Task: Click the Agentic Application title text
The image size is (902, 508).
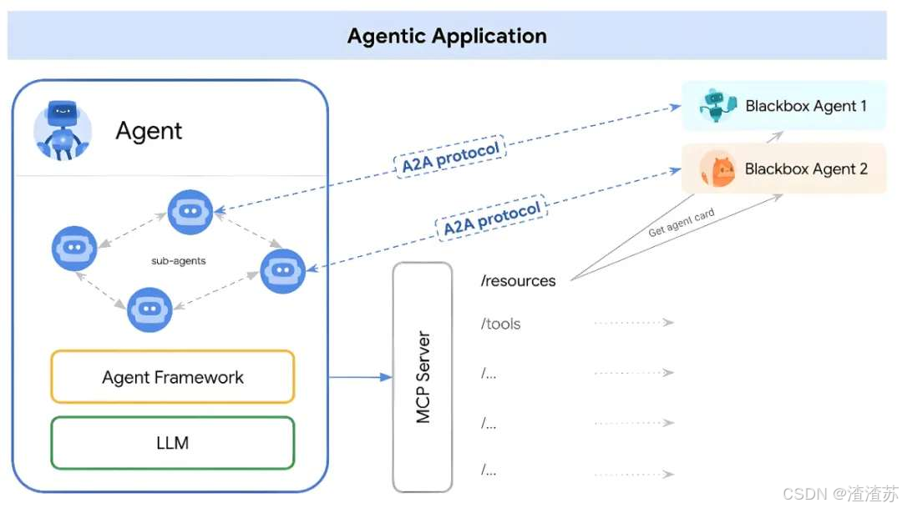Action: pyautogui.click(x=447, y=36)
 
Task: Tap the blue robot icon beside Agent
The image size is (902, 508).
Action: pyautogui.click(x=62, y=130)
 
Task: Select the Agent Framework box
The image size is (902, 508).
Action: pyautogui.click(x=173, y=377)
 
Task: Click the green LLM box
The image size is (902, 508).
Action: pyautogui.click(x=173, y=443)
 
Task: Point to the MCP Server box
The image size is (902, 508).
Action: pyautogui.click(x=423, y=377)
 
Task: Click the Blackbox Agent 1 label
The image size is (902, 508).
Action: pyautogui.click(x=805, y=106)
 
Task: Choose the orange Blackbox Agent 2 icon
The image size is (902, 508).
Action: pyautogui.click(x=717, y=169)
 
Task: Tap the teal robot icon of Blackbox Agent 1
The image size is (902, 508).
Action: pyautogui.click(x=717, y=106)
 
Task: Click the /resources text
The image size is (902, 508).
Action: pyautogui.click(x=519, y=281)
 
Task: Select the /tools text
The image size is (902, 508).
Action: pyautogui.click(x=500, y=324)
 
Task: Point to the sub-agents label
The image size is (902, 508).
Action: pyautogui.click(x=179, y=261)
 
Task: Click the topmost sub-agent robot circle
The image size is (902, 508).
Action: pyautogui.click(x=190, y=212)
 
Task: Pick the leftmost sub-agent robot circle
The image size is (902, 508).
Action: pyautogui.click(x=74, y=249)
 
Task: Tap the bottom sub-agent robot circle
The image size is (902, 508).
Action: pyautogui.click(x=149, y=309)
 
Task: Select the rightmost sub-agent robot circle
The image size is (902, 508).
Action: pyautogui.click(x=282, y=270)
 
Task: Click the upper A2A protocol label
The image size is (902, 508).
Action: pyautogui.click(x=450, y=157)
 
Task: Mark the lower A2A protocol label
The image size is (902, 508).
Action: pyautogui.click(x=492, y=219)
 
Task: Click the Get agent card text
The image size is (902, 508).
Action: pyautogui.click(x=682, y=223)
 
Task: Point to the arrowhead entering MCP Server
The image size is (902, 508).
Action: pyautogui.click(x=386, y=377)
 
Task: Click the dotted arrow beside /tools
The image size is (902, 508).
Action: pyautogui.click(x=634, y=322)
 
